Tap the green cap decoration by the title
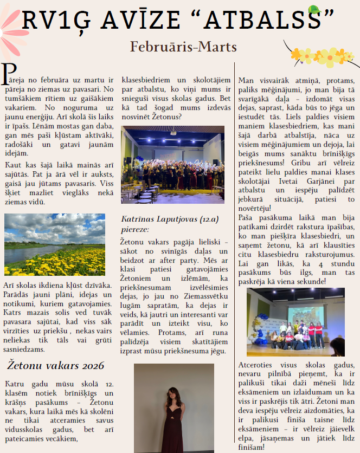tap(313, 10)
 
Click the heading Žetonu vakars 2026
tap(54, 366)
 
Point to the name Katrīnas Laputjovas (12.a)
tap(163, 220)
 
